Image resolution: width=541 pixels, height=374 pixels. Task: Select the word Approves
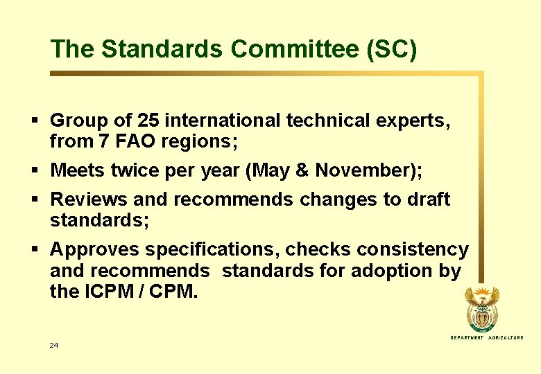[x=95, y=249]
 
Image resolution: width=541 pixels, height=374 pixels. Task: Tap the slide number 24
[x=54, y=345]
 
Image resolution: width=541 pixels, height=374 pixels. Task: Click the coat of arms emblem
[x=482, y=310]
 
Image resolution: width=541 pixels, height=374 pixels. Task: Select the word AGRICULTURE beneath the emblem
[x=506, y=337]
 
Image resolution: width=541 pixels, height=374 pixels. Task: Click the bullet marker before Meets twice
[x=35, y=170]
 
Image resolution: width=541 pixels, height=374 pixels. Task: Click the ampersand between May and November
[x=314, y=170]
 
